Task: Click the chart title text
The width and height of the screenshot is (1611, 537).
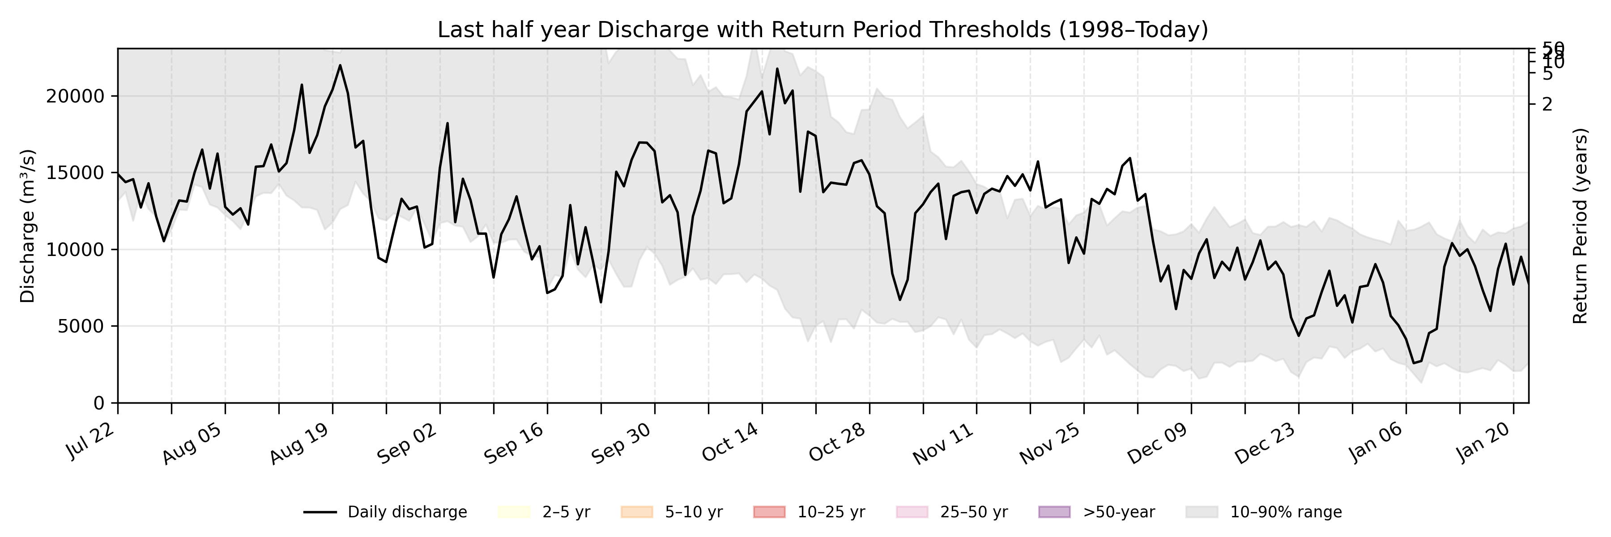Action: pyautogui.click(x=823, y=30)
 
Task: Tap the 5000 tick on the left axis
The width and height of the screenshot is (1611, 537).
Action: pyautogui.click(x=80, y=326)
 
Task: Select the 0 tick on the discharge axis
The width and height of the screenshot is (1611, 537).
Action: pyautogui.click(x=99, y=403)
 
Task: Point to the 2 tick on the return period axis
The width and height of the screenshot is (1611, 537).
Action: pyautogui.click(x=1547, y=104)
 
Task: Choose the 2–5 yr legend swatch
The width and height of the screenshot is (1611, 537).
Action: pyautogui.click(x=514, y=512)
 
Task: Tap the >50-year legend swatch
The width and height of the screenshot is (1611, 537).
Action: pyautogui.click(x=1054, y=512)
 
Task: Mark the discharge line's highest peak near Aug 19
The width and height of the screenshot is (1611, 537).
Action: pyautogui.click(x=340, y=65)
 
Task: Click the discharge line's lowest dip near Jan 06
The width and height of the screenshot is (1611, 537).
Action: pyautogui.click(x=1414, y=363)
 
